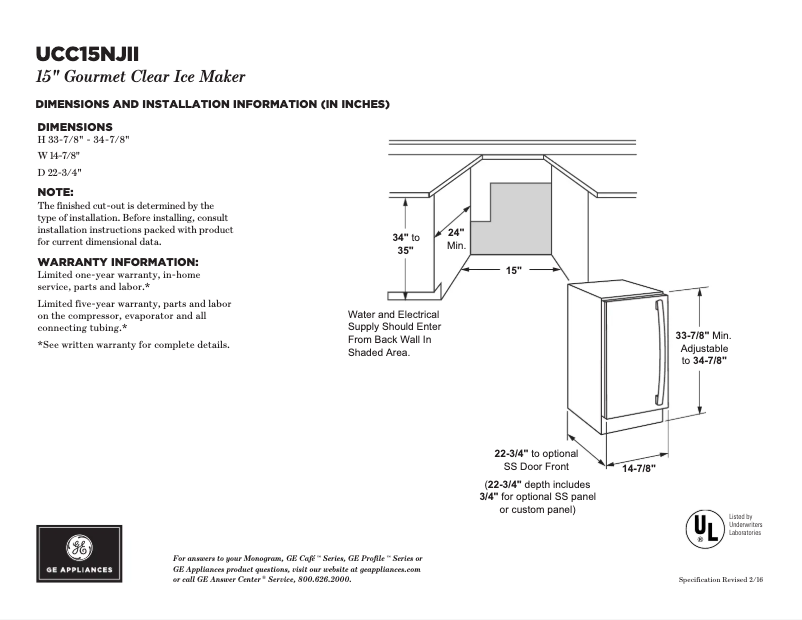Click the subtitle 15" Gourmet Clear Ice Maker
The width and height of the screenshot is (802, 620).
click(x=140, y=77)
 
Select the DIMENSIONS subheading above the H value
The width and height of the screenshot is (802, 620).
click(x=75, y=127)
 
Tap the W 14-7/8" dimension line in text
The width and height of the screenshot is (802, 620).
click(x=59, y=156)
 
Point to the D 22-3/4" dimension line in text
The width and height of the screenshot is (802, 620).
click(x=59, y=173)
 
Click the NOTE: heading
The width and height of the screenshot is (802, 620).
click(x=56, y=190)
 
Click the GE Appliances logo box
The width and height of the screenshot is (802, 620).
click(x=79, y=554)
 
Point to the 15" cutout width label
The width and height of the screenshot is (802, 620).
click(x=513, y=271)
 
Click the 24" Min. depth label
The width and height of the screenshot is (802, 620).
click(x=457, y=238)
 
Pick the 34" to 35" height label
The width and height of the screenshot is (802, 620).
click(x=405, y=244)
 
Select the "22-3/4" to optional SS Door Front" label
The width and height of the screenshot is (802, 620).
click(x=536, y=459)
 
